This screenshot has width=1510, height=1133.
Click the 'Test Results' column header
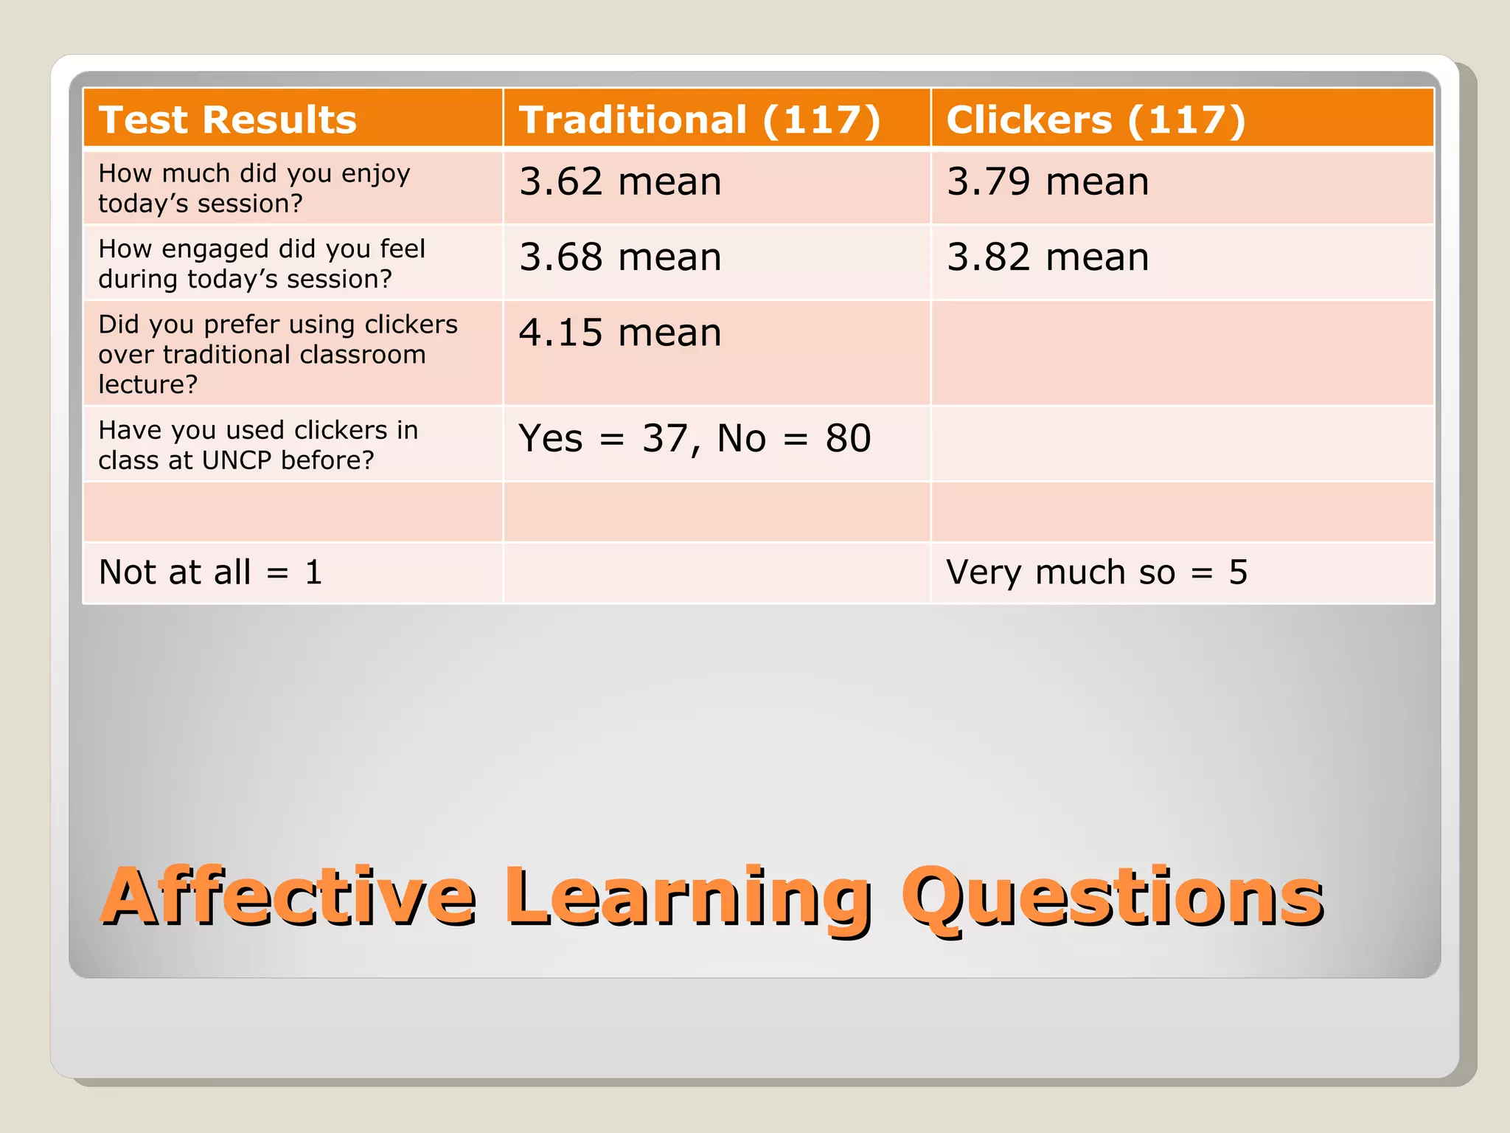point(227,119)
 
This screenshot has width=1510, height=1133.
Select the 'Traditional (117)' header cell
point(699,119)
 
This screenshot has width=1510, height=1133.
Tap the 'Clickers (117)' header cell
point(1096,119)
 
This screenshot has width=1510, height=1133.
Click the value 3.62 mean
point(620,181)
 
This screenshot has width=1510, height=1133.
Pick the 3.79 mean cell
point(1048,181)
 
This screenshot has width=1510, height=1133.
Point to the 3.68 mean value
point(620,257)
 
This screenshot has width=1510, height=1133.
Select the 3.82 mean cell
point(1048,257)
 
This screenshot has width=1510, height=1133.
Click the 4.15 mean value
point(620,333)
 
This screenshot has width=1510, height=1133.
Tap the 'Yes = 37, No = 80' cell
point(695,438)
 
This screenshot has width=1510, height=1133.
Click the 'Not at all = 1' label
point(211,572)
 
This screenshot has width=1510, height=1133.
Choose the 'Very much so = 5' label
point(1096,572)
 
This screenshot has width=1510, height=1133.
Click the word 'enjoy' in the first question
point(375,174)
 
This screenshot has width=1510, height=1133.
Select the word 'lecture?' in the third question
point(147,384)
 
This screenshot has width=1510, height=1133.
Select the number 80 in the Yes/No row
point(848,438)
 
